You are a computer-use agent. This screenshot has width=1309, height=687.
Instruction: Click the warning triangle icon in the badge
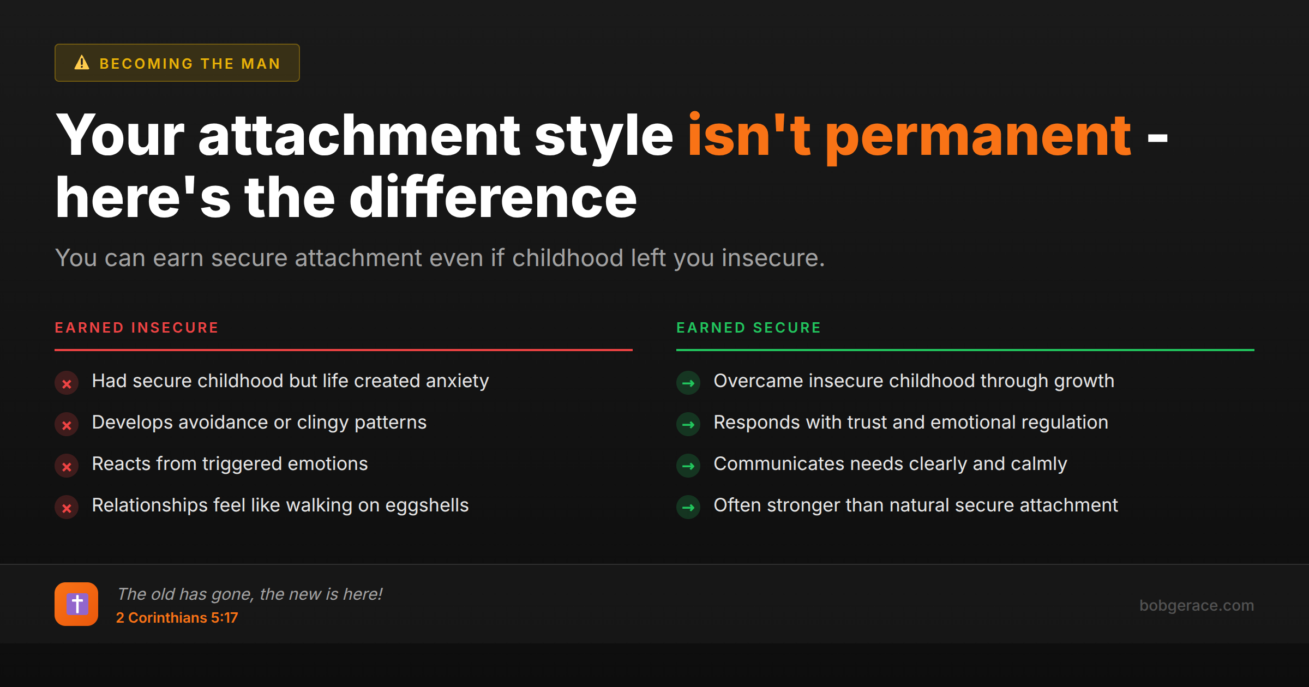pos(82,63)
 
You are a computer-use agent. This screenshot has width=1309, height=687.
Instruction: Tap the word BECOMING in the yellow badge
pos(146,64)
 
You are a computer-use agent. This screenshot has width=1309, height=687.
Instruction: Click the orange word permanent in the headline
pos(978,136)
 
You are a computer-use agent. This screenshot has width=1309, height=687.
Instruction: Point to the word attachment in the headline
pos(359,136)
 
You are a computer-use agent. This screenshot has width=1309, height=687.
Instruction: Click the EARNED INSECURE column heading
pos(136,328)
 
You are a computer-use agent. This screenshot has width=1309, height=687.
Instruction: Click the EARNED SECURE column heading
pos(748,328)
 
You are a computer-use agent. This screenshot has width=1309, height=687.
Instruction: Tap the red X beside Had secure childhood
pos(67,383)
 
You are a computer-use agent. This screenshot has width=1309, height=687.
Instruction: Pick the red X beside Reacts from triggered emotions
pos(67,466)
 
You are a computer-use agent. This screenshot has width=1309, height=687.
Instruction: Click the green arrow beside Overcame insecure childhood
pos(688,383)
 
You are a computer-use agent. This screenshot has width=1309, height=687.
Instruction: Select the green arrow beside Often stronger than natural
pos(688,508)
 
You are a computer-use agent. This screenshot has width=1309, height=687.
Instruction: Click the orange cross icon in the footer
pos(76,604)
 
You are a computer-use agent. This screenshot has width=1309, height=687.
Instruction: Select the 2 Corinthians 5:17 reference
pos(177,618)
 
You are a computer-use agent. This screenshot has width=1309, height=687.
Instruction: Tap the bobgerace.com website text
pos(1196,605)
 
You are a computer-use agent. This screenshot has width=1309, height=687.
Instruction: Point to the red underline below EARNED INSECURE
pos(344,349)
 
